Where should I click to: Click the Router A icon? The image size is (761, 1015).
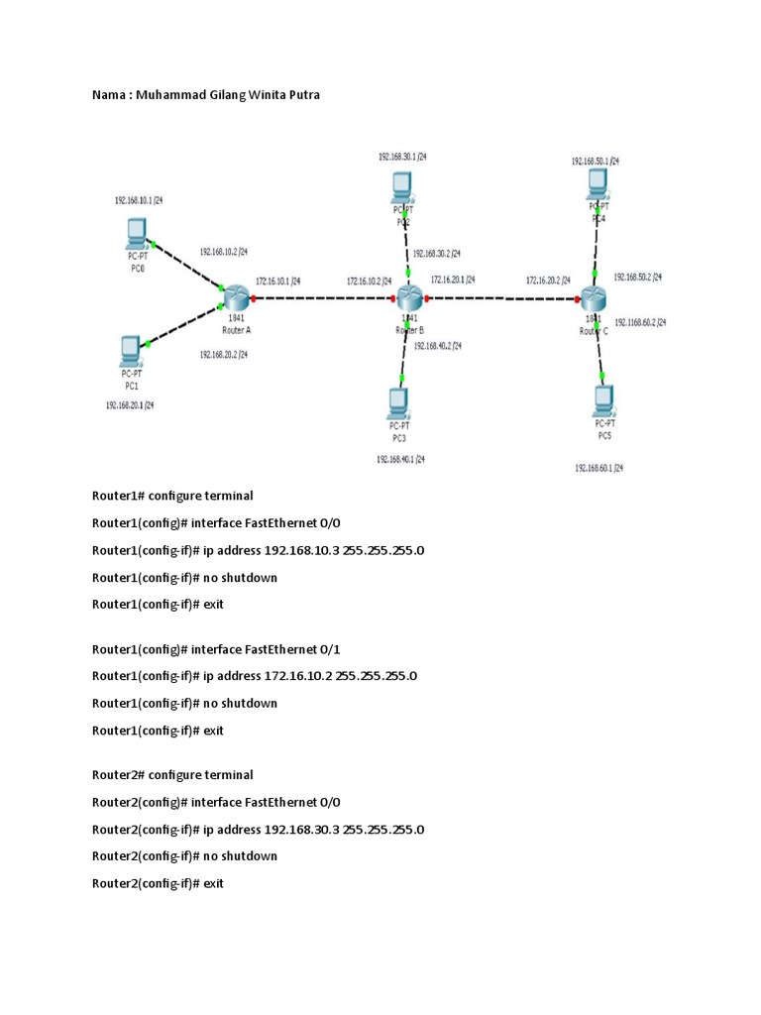pyautogui.click(x=236, y=295)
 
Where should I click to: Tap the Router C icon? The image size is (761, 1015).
pyautogui.click(x=594, y=296)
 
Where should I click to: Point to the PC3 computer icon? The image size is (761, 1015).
pyautogui.click(x=399, y=401)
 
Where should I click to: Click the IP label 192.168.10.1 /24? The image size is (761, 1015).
pyautogui.click(x=139, y=200)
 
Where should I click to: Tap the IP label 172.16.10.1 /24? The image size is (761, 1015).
pyautogui.click(x=277, y=281)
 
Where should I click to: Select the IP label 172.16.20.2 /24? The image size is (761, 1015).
pyautogui.click(x=548, y=281)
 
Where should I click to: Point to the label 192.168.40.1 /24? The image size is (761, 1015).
pyautogui.click(x=400, y=459)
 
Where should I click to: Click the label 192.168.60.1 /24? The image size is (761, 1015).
pyautogui.click(x=598, y=467)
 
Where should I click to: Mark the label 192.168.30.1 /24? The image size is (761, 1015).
pyautogui.click(x=402, y=157)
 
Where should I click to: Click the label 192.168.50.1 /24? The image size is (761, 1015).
pyautogui.click(x=595, y=161)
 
